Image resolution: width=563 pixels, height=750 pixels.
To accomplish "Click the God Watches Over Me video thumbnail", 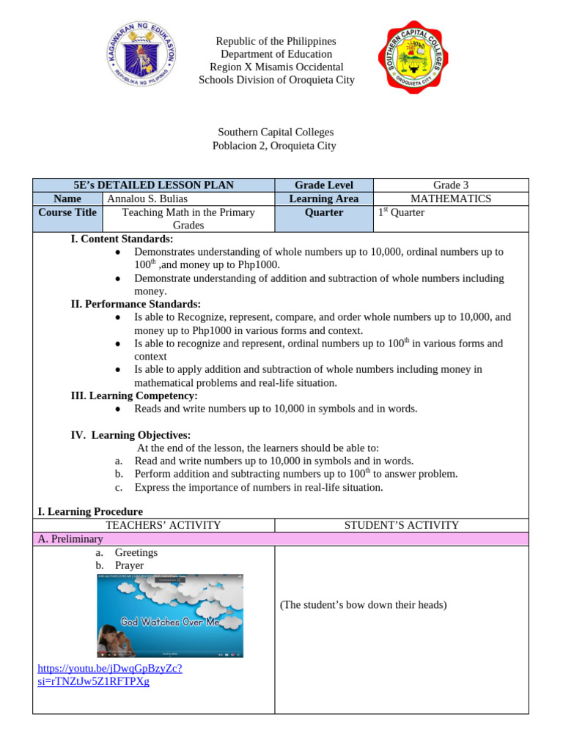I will coord(170,615).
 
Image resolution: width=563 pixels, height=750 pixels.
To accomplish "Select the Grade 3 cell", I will coord(450,185).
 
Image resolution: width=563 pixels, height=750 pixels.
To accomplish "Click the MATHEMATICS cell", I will coord(450,198).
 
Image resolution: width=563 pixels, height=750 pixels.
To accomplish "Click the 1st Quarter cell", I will coord(401,212).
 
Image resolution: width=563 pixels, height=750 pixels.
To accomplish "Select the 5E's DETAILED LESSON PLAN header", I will coord(153,185).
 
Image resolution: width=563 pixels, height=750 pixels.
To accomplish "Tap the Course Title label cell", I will coord(67,212).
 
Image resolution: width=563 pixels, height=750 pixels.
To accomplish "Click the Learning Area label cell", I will coord(323,198).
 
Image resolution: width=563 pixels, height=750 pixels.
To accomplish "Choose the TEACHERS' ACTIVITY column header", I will coord(153,525).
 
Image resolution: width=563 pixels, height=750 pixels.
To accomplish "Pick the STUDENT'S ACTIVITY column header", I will coord(401,525).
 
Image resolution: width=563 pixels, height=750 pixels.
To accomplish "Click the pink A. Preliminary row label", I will coord(70,538).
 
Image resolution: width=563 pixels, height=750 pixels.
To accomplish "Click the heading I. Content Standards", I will coord(122,239).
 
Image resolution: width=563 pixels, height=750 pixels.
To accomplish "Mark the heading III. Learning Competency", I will coord(134,396).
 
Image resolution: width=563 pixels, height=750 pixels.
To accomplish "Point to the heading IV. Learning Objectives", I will coord(130,435).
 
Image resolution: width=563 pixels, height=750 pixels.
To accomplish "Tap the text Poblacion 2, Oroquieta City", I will coord(274,146).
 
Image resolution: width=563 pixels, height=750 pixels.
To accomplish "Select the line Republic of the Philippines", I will coord(276,41).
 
